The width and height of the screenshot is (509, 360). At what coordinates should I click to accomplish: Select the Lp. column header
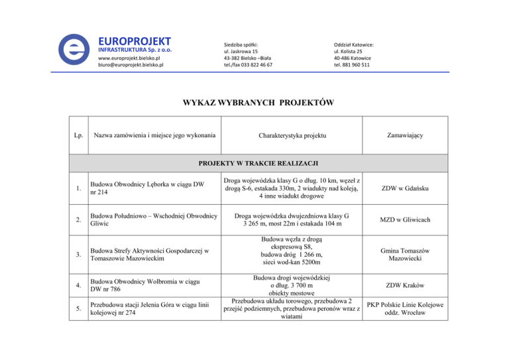coord(80,136)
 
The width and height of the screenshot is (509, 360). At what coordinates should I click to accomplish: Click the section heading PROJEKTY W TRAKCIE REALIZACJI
coord(254,162)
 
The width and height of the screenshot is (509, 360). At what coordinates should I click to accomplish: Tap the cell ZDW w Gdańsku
coord(404,189)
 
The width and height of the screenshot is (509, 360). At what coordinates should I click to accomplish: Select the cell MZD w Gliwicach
coord(404,219)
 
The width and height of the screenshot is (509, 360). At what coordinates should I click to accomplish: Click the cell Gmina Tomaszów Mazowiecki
coord(404,254)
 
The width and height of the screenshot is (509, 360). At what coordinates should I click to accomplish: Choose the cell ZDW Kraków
coord(404,286)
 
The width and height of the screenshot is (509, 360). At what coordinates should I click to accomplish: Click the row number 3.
coord(79,255)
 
